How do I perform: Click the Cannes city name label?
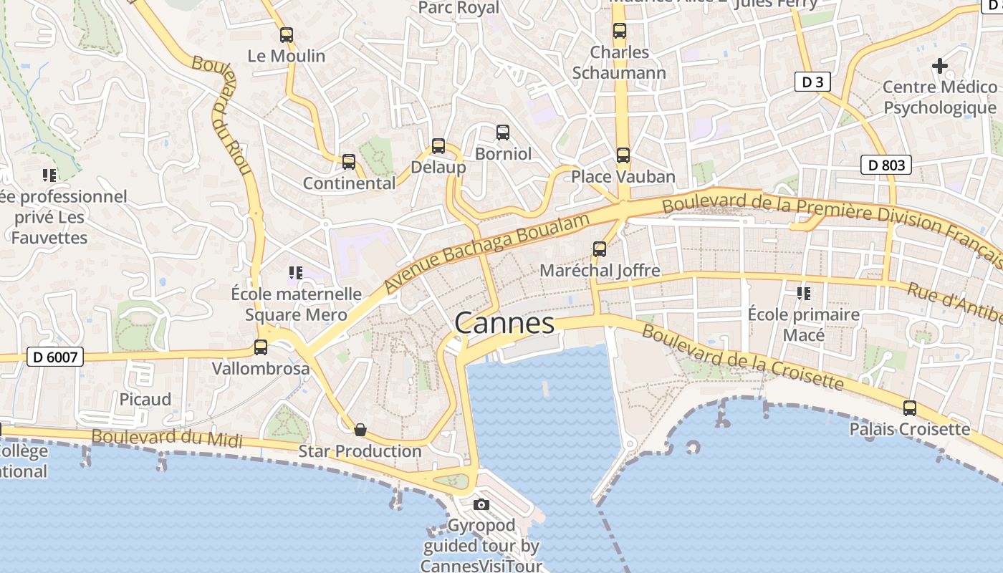click(x=504, y=324)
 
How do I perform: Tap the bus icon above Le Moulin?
click(x=287, y=34)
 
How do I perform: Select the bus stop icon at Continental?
click(x=349, y=162)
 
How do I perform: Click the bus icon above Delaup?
click(x=438, y=146)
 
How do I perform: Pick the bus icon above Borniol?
click(x=503, y=133)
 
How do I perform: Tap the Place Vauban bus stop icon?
click(x=623, y=155)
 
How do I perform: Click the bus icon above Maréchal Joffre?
click(x=600, y=249)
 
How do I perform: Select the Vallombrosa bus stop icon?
click(x=261, y=347)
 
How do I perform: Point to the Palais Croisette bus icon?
click(x=910, y=408)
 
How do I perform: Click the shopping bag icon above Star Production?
click(x=360, y=430)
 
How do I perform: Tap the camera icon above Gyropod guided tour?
click(x=481, y=505)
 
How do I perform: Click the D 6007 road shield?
click(x=55, y=356)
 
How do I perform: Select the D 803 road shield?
click(x=886, y=165)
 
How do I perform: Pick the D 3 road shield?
click(x=812, y=82)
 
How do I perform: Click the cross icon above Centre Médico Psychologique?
click(x=940, y=66)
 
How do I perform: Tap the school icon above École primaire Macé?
click(x=804, y=294)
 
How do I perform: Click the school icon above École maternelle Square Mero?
click(x=296, y=273)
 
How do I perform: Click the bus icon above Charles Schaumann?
click(x=620, y=32)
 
